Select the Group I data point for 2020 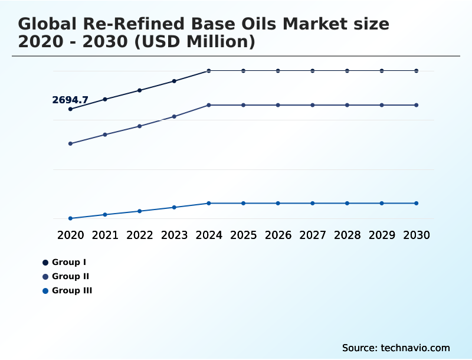pyautogui.click(x=71, y=109)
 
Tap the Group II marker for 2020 pyautogui.click(x=71, y=143)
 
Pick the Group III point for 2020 pyautogui.click(x=71, y=218)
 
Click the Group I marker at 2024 pyautogui.click(x=209, y=71)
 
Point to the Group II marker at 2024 pyautogui.click(x=209, y=105)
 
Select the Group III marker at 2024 pyautogui.click(x=209, y=203)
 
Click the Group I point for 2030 pyautogui.click(x=417, y=71)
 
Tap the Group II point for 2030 pyautogui.click(x=417, y=105)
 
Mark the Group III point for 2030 pyautogui.click(x=417, y=203)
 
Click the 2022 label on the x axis pyautogui.click(x=140, y=235)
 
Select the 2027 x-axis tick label pyautogui.click(x=313, y=235)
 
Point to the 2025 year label pyautogui.click(x=243, y=235)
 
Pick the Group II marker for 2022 pyautogui.click(x=140, y=126)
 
